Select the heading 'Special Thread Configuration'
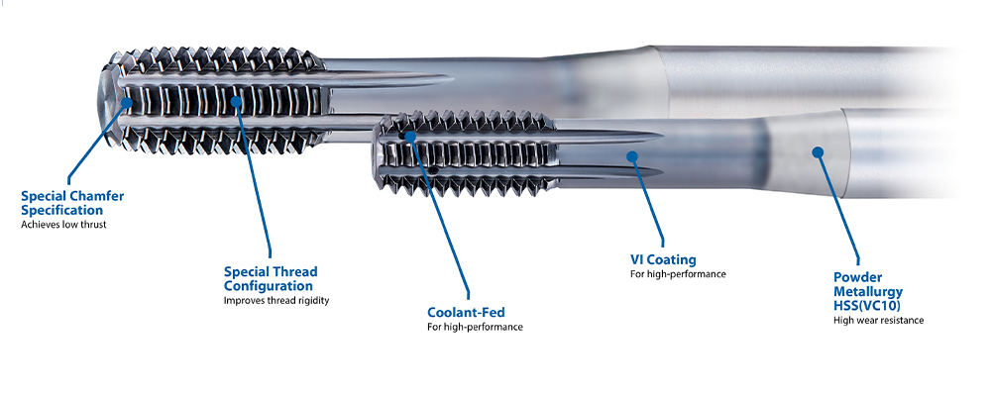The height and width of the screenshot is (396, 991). tap(271, 278)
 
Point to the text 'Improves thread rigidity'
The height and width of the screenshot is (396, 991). tap(275, 300)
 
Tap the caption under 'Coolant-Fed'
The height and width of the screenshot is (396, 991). tap(475, 327)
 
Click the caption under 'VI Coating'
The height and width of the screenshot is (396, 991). tap(678, 274)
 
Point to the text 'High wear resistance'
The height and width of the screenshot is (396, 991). tap(878, 321)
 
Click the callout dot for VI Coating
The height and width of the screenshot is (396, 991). tap(629, 154)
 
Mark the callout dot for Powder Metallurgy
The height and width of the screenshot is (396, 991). tap(818, 151)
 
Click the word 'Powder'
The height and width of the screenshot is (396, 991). tap(857, 277)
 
